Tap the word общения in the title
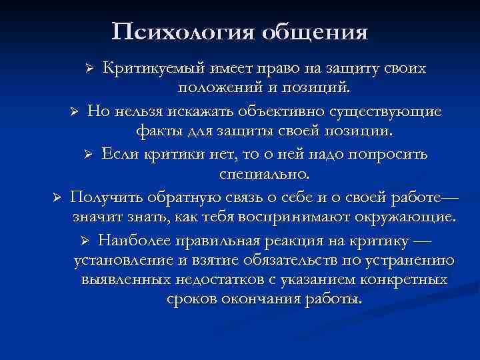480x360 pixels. (315, 32)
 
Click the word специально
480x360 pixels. (265, 175)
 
